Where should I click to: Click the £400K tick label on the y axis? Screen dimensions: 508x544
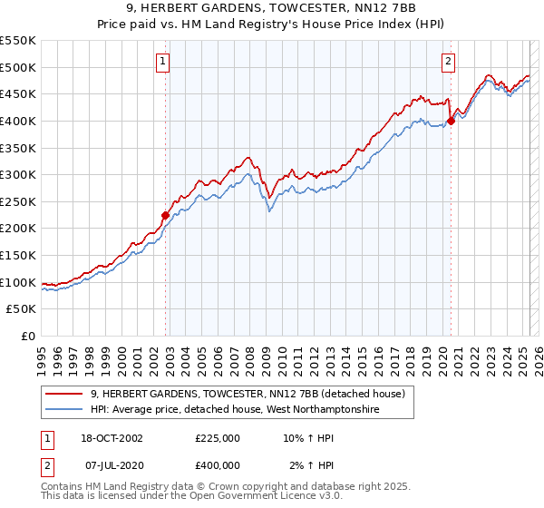(18, 121)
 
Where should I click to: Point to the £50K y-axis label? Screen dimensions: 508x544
(22, 309)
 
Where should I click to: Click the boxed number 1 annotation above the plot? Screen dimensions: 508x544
(162, 62)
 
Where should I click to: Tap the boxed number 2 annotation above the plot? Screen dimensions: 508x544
(448, 62)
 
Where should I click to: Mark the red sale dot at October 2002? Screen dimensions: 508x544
(165, 215)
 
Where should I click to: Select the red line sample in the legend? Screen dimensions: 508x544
(63, 393)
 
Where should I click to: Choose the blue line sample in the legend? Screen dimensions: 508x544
(63, 410)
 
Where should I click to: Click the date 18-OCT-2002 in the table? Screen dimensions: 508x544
(114, 438)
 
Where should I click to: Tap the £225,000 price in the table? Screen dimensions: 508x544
(217, 438)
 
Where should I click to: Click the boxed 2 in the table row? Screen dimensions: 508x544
(45, 465)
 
